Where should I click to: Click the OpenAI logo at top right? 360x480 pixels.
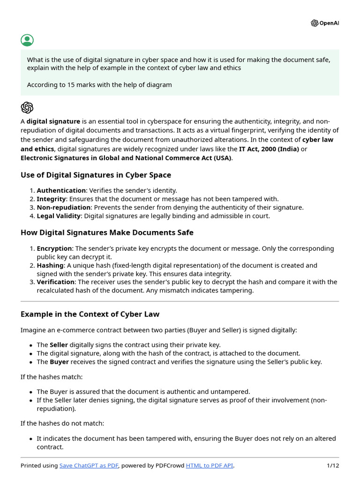click(x=324, y=23)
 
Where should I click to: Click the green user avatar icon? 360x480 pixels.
click(x=27, y=40)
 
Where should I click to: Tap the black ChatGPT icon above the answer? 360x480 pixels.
click(x=27, y=107)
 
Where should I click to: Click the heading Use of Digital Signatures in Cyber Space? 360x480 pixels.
click(x=96, y=175)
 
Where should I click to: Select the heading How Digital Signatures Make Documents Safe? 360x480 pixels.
click(x=107, y=232)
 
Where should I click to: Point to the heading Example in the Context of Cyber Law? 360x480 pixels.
click(x=90, y=314)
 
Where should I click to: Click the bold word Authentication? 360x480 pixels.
click(x=61, y=190)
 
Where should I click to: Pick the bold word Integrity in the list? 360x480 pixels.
click(x=51, y=199)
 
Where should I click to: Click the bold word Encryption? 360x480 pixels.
click(x=54, y=248)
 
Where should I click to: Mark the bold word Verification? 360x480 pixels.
click(x=56, y=282)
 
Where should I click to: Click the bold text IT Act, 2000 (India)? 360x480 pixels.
click(x=269, y=149)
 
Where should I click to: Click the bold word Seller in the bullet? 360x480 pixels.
click(x=59, y=345)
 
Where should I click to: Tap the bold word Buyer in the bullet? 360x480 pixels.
click(x=59, y=362)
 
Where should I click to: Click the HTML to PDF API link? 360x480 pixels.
click(x=210, y=465)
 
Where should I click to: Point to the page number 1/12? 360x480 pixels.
click(x=332, y=465)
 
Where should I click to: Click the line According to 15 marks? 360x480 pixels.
click(x=99, y=85)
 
